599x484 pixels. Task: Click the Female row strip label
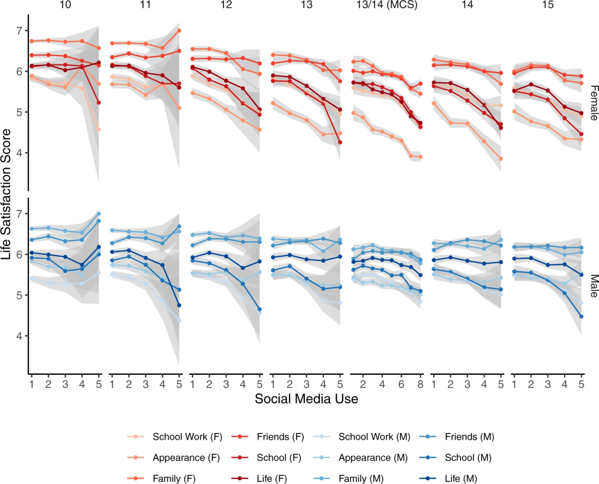click(592, 103)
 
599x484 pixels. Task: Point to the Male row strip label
click(592, 286)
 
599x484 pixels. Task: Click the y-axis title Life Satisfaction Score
click(7, 194)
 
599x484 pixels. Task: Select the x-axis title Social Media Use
click(306, 398)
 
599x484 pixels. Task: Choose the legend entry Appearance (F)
click(187, 458)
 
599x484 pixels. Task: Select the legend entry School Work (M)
click(374, 437)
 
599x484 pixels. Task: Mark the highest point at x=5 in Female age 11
click(179, 30)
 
